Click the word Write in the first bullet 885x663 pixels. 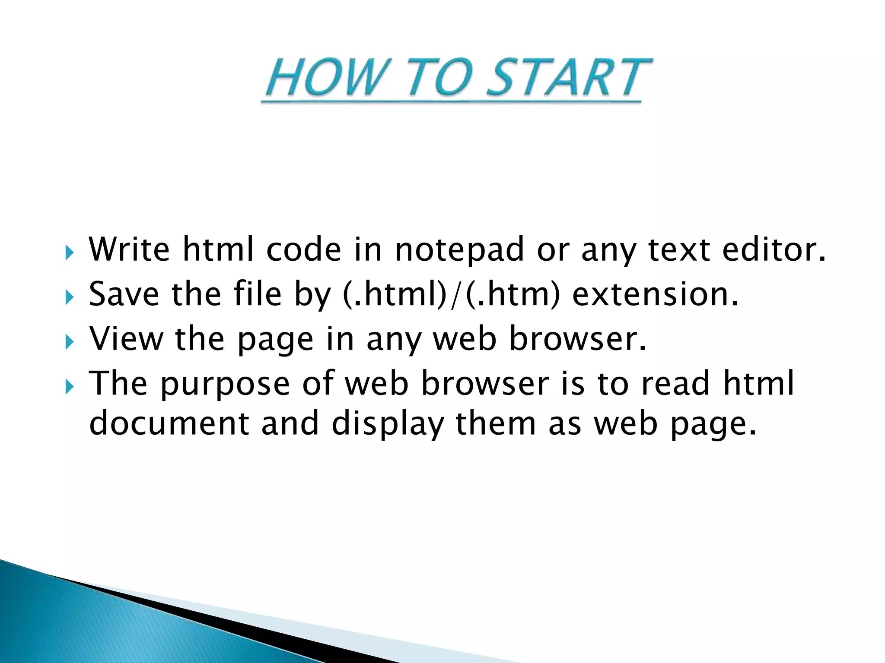pos(129,249)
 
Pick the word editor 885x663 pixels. pos(774,249)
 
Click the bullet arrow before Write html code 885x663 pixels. pos(70,252)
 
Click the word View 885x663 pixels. pos(126,339)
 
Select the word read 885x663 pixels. pos(675,383)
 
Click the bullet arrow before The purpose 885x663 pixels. pos(70,386)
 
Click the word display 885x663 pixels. pos(388,424)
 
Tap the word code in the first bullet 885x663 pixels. pos(303,249)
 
